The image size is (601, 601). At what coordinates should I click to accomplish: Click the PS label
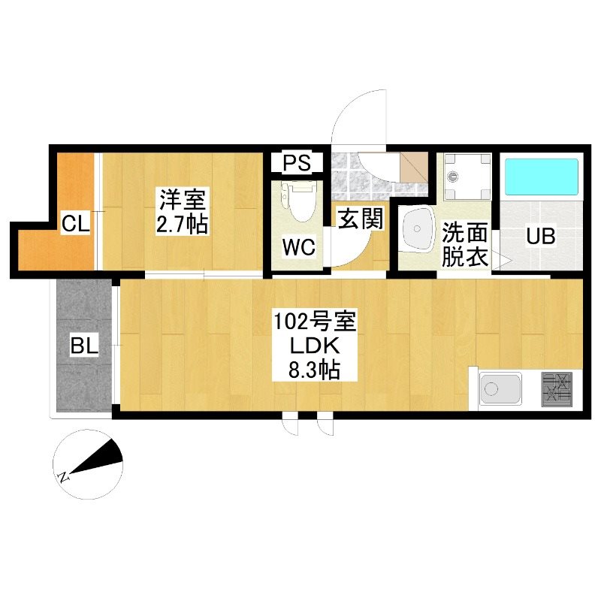click(297, 162)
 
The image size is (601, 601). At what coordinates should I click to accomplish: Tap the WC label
click(299, 247)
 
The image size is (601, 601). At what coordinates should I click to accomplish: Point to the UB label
click(540, 236)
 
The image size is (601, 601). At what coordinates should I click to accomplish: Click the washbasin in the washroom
click(416, 229)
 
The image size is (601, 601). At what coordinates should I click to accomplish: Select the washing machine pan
click(467, 177)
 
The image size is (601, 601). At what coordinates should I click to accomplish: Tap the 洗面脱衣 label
click(464, 244)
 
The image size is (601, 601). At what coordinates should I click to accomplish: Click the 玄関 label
click(361, 219)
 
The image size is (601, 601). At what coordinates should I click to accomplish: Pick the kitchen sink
click(500, 388)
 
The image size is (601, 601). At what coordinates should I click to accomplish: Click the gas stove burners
click(557, 389)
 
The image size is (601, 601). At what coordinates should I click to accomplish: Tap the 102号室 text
click(314, 322)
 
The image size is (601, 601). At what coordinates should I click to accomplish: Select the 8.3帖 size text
click(314, 370)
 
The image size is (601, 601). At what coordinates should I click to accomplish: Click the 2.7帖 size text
click(182, 224)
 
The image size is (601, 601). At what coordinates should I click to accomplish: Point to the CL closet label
click(76, 223)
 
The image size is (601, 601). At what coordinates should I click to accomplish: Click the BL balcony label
click(84, 346)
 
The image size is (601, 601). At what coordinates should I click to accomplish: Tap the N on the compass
click(64, 476)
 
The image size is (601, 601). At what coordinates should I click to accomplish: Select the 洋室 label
click(183, 200)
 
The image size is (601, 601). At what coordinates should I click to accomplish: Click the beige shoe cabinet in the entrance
click(414, 168)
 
